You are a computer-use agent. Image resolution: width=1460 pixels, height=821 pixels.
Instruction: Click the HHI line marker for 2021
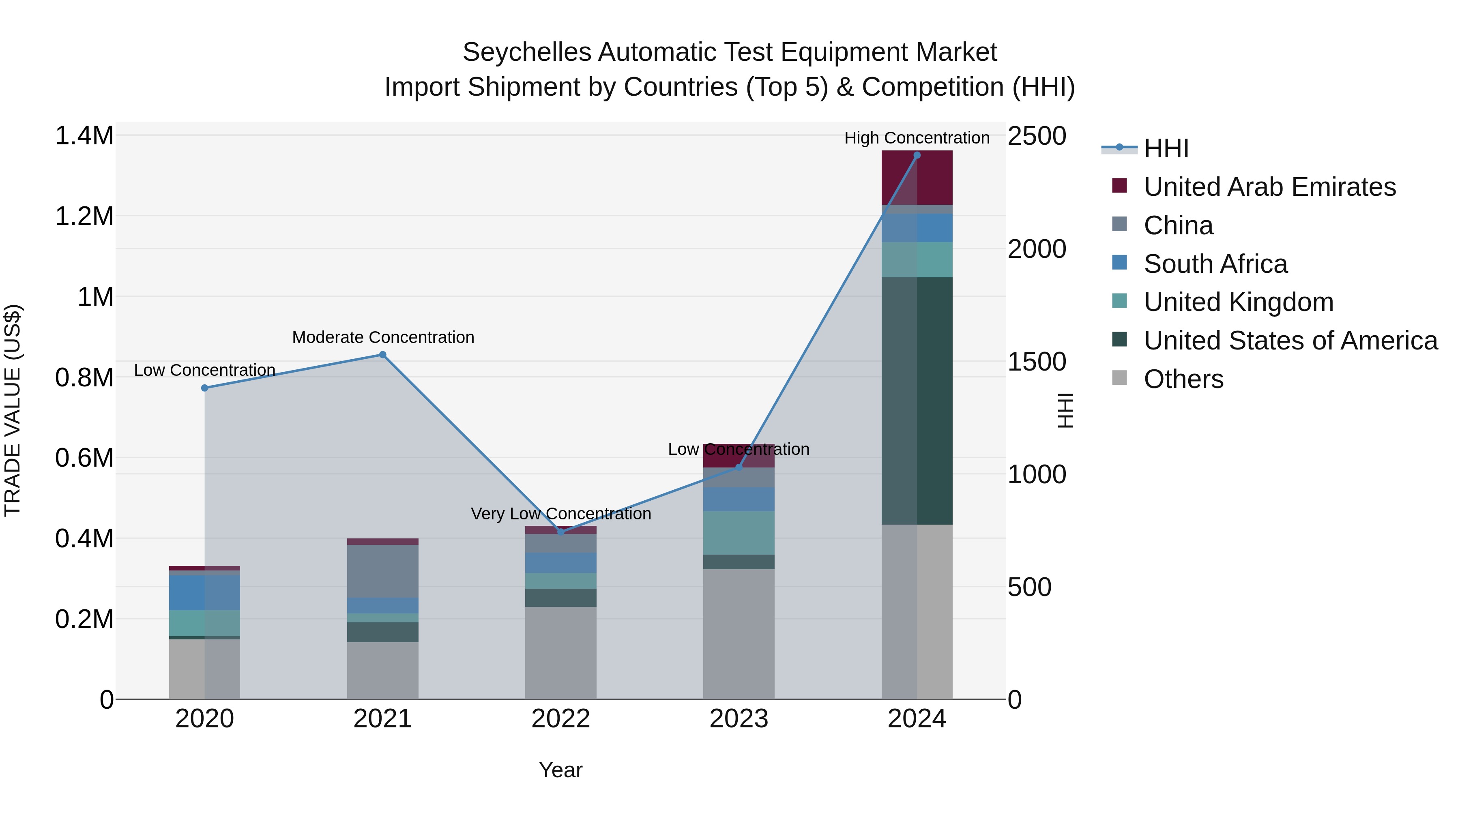tap(382, 355)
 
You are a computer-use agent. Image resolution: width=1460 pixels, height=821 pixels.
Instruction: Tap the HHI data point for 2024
tap(917, 155)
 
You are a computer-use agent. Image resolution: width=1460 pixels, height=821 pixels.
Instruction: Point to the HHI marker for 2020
tap(205, 388)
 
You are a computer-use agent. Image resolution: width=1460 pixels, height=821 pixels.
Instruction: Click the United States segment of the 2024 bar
tap(917, 401)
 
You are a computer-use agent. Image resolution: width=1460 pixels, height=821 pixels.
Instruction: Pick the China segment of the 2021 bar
tap(382, 571)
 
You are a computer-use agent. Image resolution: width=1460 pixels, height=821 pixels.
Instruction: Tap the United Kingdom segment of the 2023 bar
tap(739, 533)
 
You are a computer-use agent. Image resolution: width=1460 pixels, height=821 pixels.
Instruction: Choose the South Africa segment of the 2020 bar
tap(205, 593)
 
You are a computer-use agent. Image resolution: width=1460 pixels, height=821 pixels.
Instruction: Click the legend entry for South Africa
tap(1215, 264)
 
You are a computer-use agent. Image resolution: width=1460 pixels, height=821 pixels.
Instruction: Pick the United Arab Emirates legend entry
tap(1269, 187)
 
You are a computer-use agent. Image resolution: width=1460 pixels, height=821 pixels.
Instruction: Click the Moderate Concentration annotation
tap(383, 338)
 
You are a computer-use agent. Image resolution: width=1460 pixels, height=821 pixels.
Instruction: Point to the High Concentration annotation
tap(917, 138)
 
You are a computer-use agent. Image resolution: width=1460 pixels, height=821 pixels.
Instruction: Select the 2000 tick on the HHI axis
tap(1037, 249)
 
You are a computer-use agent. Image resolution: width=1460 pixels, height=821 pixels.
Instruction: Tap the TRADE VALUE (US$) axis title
tap(13, 410)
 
